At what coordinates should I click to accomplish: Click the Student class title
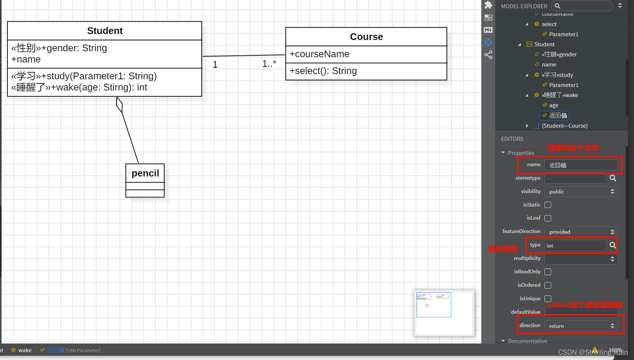[x=105, y=31]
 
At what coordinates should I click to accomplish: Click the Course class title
[x=366, y=37]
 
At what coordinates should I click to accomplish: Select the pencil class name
[x=145, y=173]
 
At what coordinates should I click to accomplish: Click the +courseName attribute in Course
[x=319, y=54]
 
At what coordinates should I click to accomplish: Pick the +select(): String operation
[x=323, y=71]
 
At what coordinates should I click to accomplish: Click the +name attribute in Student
[x=26, y=59]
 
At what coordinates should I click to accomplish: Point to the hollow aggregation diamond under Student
[x=119, y=104]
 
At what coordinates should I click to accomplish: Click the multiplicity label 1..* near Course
[x=269, y=64]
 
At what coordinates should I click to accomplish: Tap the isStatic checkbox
[x=548, y=205]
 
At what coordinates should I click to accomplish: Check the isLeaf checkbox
[x=548, y=218]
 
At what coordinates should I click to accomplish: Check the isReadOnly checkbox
[x=548, y=272]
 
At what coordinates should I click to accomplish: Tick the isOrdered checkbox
[x=548, y=285]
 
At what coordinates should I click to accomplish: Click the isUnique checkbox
[x=548, y=299]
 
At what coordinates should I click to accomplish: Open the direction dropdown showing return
[x=581, y=326]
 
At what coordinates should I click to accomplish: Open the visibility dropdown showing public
[x=581, y=192]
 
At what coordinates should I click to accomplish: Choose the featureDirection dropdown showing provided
[x=581, y=232]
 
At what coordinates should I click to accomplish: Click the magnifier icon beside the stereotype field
[x=613, y=178]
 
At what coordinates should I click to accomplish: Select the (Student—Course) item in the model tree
[x=565, y=126]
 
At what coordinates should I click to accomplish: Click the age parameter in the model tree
[x=554, y=105]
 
